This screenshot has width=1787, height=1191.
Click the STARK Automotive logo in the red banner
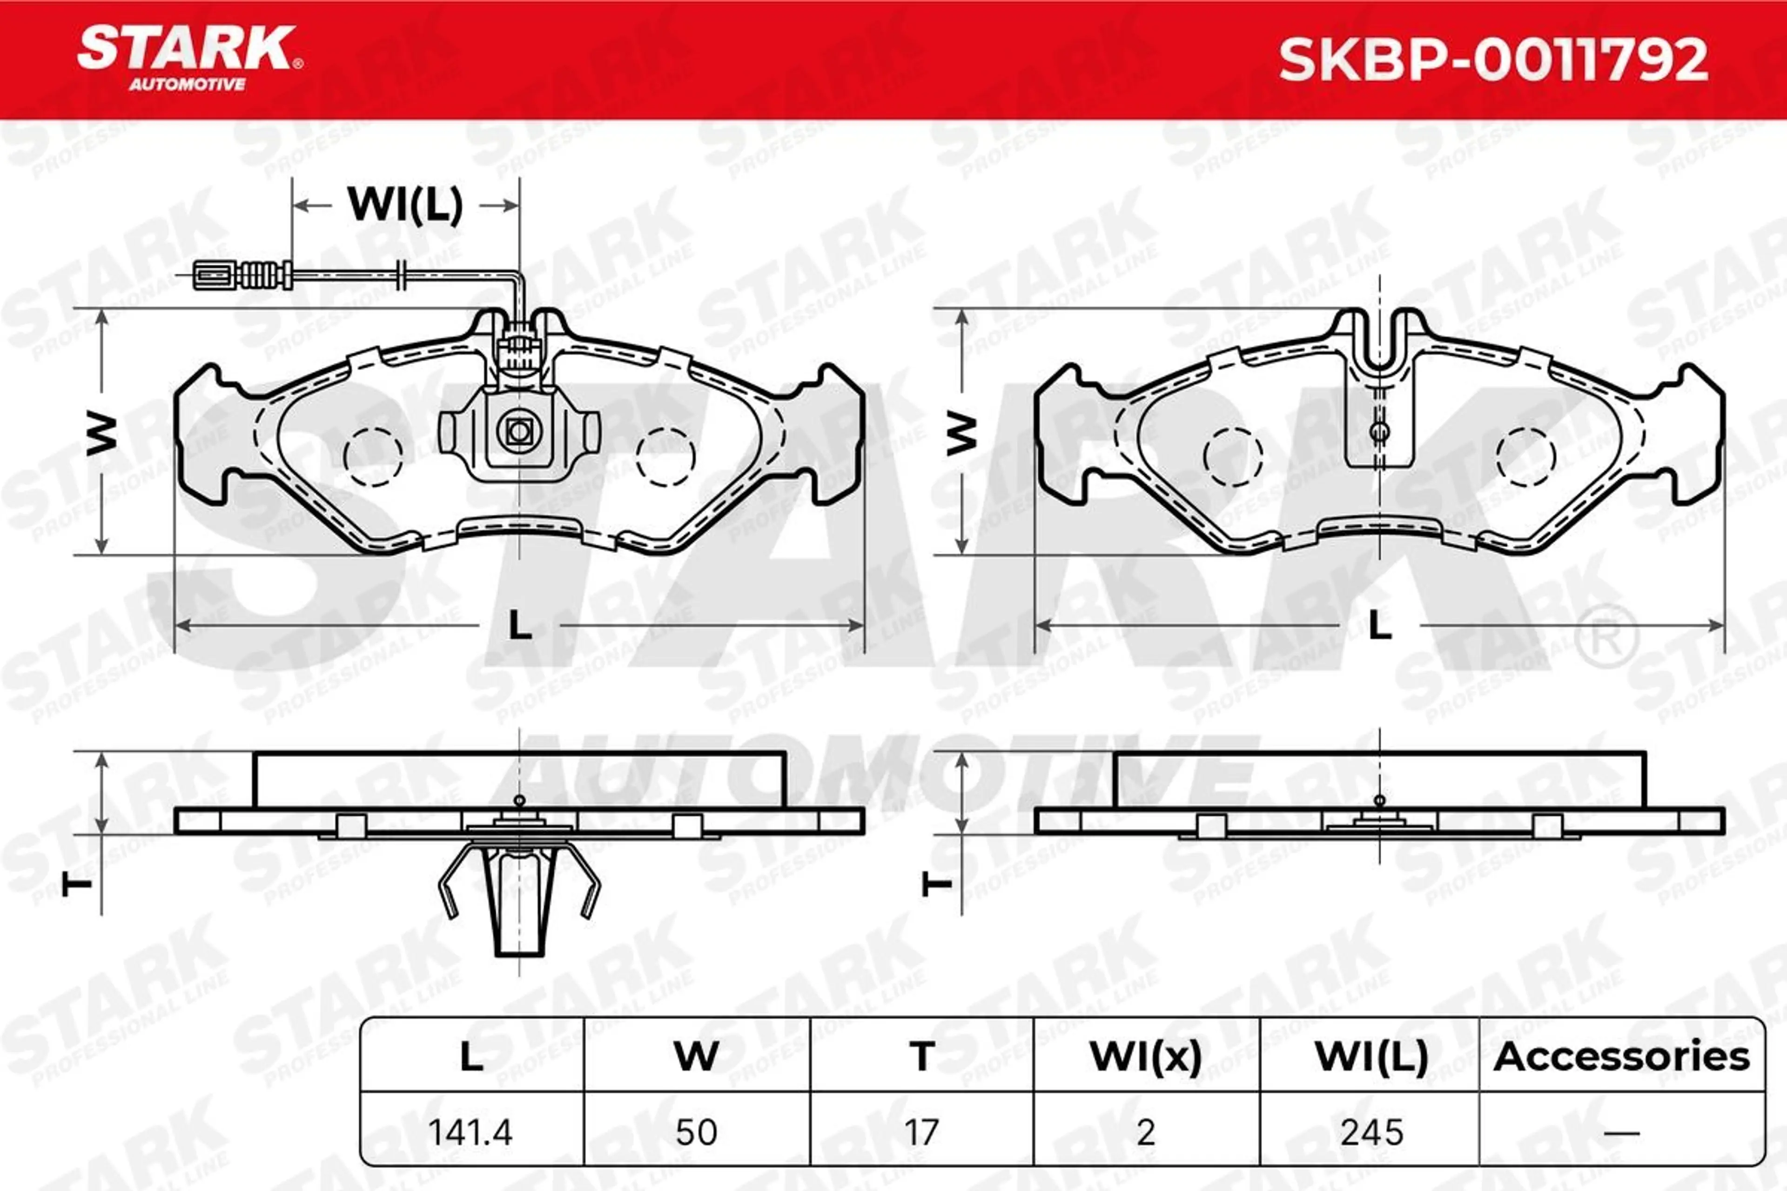pyautogui.click(x=189, y=59)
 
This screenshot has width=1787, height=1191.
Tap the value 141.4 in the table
pyautogui.click(x=470, y=1132)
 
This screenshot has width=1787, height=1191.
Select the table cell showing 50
pyautogui.click(x=696, y=1132)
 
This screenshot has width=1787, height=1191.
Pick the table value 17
pyautogui.click(x=921, y=1132)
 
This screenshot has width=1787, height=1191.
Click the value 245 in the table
pyautogui.click(x=1371, y=1132)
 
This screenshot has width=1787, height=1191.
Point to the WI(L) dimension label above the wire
pyautogui.click(x=405, y=205)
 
